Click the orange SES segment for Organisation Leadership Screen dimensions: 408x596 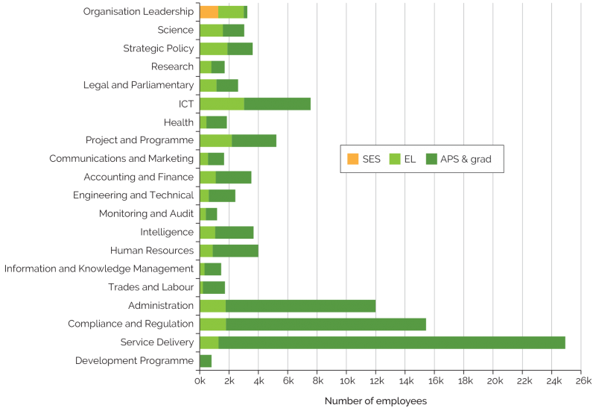point(209,12)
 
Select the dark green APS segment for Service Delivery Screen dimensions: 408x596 point(391,342)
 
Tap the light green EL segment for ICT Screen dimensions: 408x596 point(222,104)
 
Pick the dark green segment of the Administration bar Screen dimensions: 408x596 point(300,306)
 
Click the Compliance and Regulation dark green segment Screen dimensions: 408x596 point(326,324)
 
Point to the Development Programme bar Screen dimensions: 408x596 point(206,361)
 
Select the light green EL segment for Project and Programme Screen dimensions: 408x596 point(216,140)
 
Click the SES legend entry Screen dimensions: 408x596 point(364,158)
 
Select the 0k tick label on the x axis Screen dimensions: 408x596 point(200,382)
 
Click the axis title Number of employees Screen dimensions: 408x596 point(375,401)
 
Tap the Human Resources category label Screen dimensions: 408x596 point(152,251)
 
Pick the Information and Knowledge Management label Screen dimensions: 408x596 point(98,269)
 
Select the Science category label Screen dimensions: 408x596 point(176,31)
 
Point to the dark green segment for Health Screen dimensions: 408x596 point(217,122)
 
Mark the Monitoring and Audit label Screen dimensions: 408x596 point(146,214)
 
